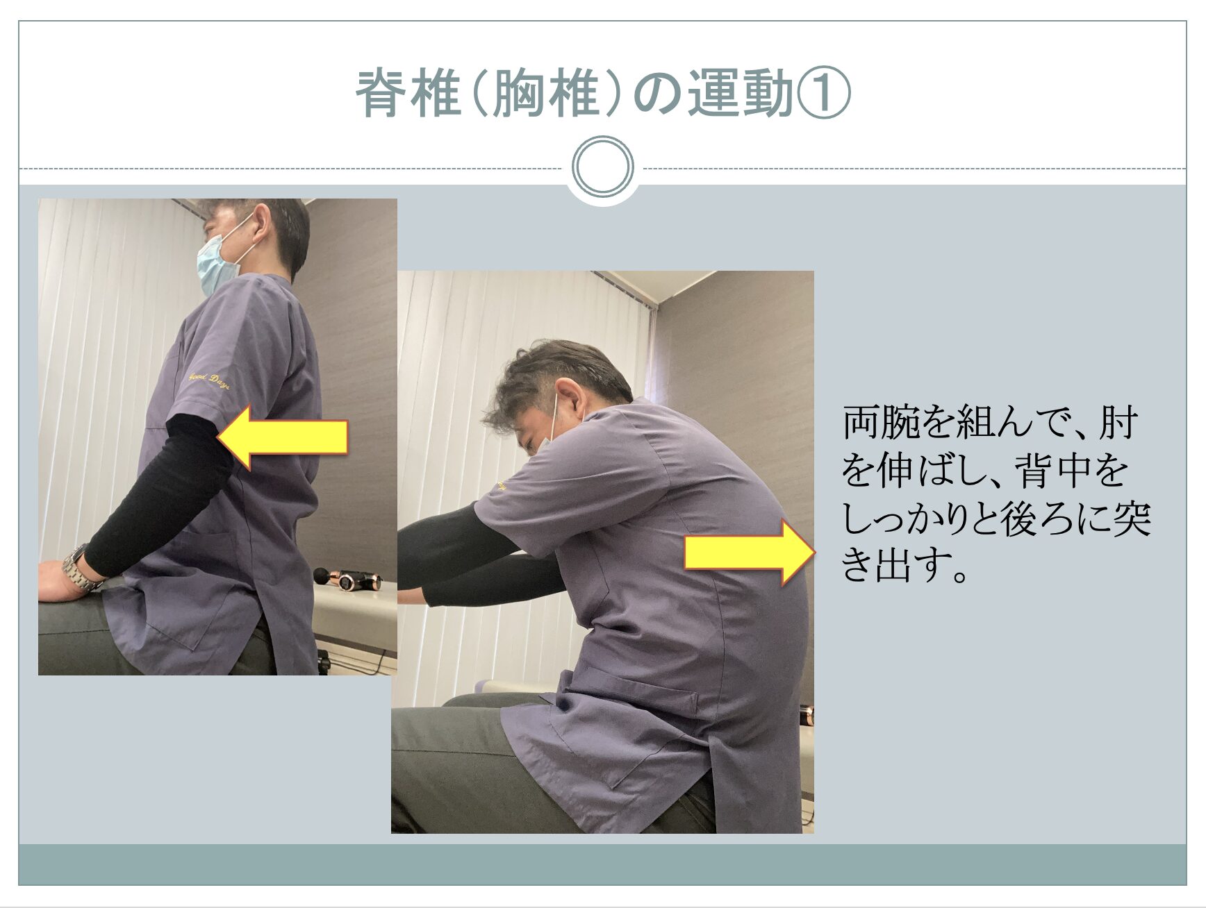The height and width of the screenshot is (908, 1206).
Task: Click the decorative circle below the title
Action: [603, 167]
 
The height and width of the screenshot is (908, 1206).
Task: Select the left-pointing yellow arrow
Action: [282, 438]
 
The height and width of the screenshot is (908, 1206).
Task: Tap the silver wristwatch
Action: [77, 568]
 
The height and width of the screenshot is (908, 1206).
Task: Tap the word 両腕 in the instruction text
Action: [880, 423]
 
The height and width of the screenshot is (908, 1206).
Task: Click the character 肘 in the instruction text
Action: [1116, 423]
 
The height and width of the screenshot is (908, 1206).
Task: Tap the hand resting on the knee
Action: [59, 580]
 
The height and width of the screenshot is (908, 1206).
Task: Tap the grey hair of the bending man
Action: [549, 375]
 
